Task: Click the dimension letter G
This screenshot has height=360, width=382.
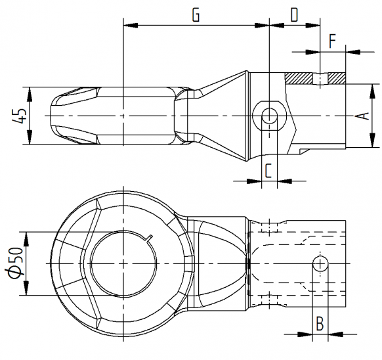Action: point(196,15)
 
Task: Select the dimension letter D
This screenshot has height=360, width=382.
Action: point(293,15)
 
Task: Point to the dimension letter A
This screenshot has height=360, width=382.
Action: point(359,116)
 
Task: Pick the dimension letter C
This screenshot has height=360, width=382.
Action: point(268,170)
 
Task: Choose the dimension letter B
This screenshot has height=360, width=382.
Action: point(320,323)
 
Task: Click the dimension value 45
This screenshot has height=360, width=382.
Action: point(19,116)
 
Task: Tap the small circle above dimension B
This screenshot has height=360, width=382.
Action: point(320,263)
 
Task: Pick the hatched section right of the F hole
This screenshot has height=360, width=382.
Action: point(336,78)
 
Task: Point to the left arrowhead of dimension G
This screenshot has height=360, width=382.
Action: point(129,26)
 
